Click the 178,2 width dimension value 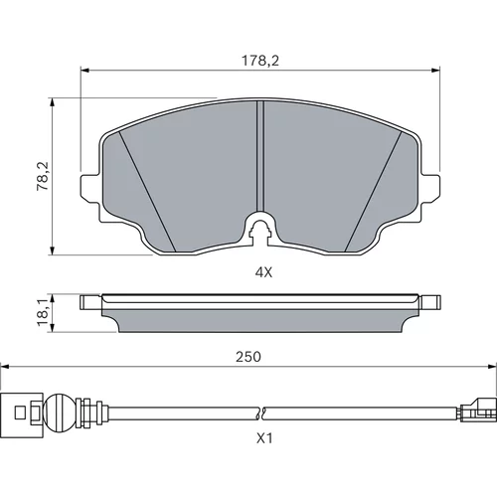(x=260, y=61)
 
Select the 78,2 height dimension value (x=43, y=176)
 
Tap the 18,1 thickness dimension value (x=43, y=311)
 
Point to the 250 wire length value (x=248, y=357)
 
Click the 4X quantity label (x=263, y=272)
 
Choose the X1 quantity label (x=264, y=438)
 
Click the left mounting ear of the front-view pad (x=90, y=187)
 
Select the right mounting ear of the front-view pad (x=430, y=187)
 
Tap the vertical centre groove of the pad (x=260, y=156)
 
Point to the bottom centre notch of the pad (x=260, y=229)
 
